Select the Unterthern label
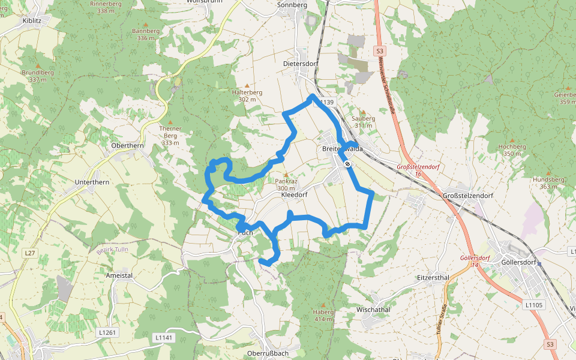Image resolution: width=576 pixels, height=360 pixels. (91, 181)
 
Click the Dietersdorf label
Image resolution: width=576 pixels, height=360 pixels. (300, 63)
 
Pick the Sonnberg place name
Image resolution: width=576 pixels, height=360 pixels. (292, 5)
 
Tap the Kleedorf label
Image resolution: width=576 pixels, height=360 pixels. (294, 196)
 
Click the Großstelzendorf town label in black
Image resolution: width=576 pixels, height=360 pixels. (467, 196)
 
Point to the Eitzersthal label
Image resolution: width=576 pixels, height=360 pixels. (433, 278)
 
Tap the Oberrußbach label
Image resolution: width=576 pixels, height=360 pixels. (268, 353)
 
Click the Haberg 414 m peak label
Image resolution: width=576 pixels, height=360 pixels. (323, 316)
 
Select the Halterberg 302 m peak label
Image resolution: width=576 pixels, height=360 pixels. (247, 96)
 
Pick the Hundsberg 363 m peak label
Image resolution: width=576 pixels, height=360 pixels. (544, 183)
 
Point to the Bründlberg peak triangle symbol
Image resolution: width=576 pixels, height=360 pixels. (38, 65)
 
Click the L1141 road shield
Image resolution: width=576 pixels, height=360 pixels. (163, 338)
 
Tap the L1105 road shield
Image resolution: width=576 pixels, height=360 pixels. (533, 305)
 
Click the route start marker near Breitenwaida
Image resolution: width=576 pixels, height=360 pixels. (347, 163)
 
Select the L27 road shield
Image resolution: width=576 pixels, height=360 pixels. (29, 254)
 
